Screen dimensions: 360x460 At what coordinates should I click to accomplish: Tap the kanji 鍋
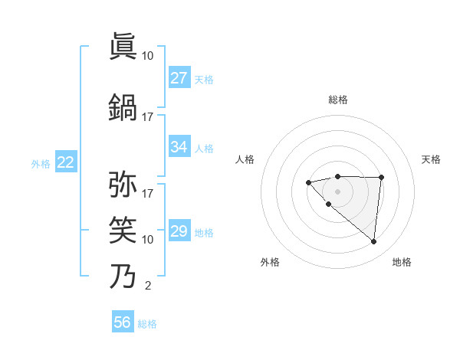(x=123, y=106)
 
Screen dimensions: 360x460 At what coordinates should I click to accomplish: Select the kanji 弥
(x=123, y=184)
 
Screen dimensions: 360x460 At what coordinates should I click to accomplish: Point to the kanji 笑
(x=123, y=229)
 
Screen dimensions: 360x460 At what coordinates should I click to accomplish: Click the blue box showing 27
(x=179, y=78)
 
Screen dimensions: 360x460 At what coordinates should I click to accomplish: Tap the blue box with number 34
(x=179, y=147)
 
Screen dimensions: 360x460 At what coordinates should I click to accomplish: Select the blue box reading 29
(x=179, y=231)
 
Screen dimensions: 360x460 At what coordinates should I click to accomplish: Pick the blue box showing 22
(x=65, y=162)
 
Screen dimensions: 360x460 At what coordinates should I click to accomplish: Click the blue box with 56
(x=123, y=322)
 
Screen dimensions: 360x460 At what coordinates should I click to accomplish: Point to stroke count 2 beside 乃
(x=147, y=286)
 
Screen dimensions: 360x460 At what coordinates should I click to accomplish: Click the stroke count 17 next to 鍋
(x=147, y=117)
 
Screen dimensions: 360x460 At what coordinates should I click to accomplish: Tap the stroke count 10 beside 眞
(x=147, y=56)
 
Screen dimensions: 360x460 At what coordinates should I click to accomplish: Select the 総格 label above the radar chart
(x=337, y=100)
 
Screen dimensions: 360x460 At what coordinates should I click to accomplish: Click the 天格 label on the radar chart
(x=432, y=159)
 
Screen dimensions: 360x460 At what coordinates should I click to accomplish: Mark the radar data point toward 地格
(x=373, y=242)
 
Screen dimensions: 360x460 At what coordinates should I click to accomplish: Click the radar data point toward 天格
(x=381, y=178)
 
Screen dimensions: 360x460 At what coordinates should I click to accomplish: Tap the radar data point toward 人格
(x=308, y=182)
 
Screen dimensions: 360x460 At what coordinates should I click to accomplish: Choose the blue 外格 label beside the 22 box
(x=41, y=163)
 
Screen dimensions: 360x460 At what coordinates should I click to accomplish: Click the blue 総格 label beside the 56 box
(x=147, y=323)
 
